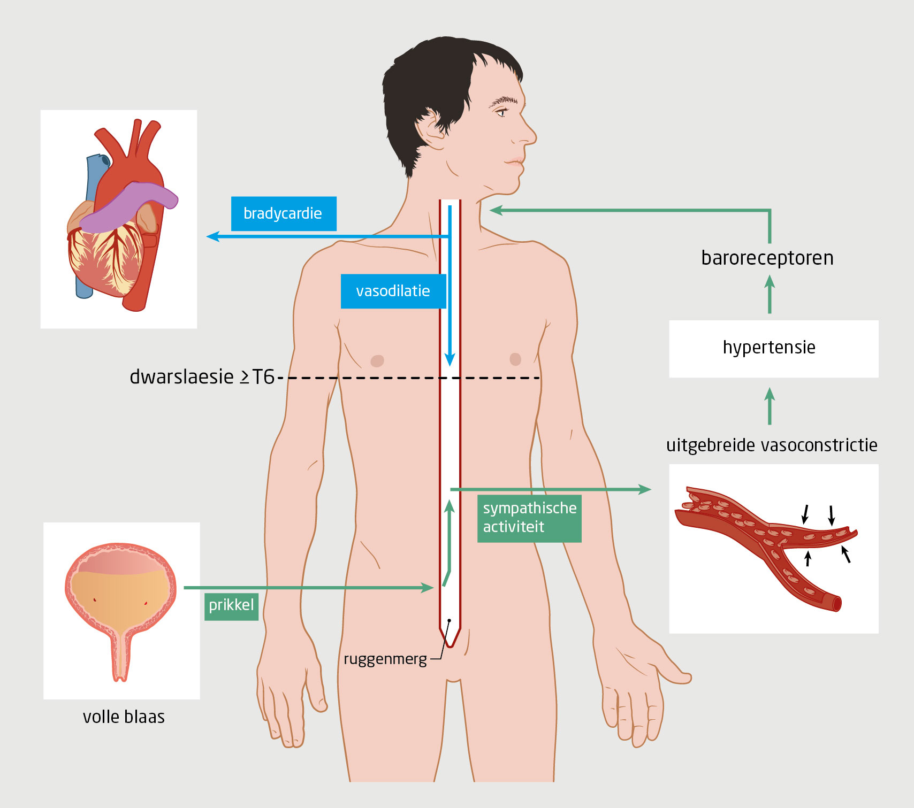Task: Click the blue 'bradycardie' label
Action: coord(283,213)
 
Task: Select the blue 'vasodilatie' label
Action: coord(393,291)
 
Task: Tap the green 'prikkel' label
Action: coord(231,606)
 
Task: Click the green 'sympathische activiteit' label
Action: coord(529,518)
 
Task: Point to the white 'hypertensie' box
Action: coord(773,348)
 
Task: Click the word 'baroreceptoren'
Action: coord(767,258)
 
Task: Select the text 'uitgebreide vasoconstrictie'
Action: coord(771,445)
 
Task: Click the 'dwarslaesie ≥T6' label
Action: coord(202,377)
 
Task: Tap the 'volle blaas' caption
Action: coord(124,717)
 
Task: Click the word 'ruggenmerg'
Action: coord(385,659)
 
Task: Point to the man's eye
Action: coord(501,112)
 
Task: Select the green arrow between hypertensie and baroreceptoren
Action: coord(770,294)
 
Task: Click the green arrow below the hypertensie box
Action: coord(770,406)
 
